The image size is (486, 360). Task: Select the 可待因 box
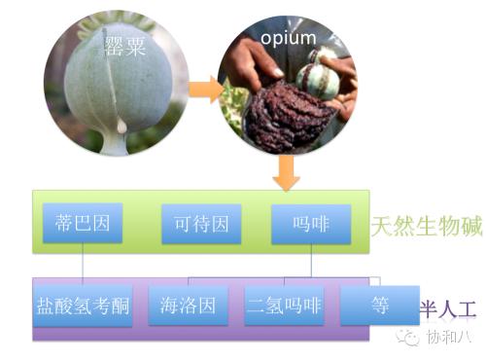coord(201,225)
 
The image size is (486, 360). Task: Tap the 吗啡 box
coord(311,225)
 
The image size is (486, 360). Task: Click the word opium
coord(289,38)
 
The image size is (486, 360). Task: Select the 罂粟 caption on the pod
coord(126,46)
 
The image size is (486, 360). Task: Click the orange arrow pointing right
coord(206,90)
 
